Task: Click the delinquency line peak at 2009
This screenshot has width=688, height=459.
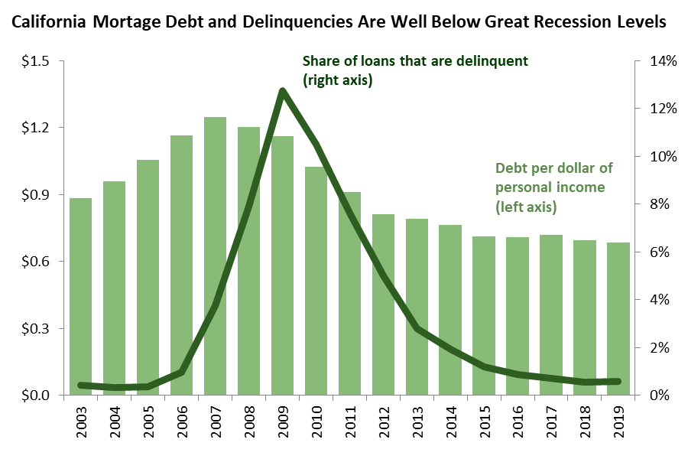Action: pos(282,92)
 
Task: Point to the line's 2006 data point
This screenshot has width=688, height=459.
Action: pos(181,372)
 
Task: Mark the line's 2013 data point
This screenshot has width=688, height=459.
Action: pos(417,328)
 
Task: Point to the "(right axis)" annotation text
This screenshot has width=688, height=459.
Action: pos(337,79)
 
